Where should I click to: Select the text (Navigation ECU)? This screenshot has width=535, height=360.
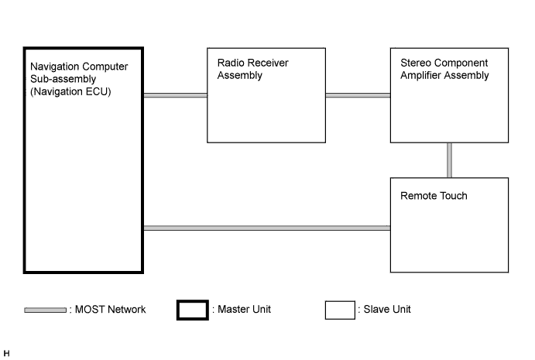coord(70,91)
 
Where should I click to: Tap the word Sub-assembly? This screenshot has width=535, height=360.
coord(63,79)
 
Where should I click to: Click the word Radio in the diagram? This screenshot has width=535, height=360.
coord(229,63)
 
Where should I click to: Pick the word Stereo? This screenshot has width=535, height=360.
coord(416,63)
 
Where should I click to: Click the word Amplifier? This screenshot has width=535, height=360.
coord(420,75)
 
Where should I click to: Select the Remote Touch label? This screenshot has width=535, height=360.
coord(434,196)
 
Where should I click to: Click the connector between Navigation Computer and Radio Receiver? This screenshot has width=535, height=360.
coord(176,95)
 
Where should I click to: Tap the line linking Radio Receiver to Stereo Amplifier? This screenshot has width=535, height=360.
coord(358,95)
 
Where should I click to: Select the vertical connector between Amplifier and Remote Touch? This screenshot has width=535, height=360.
coord(449,160)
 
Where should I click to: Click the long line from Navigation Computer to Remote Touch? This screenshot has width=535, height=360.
coord(267,228)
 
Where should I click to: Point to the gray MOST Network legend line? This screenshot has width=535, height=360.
coord(46,310)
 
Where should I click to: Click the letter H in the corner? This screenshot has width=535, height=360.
coord(6,354)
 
